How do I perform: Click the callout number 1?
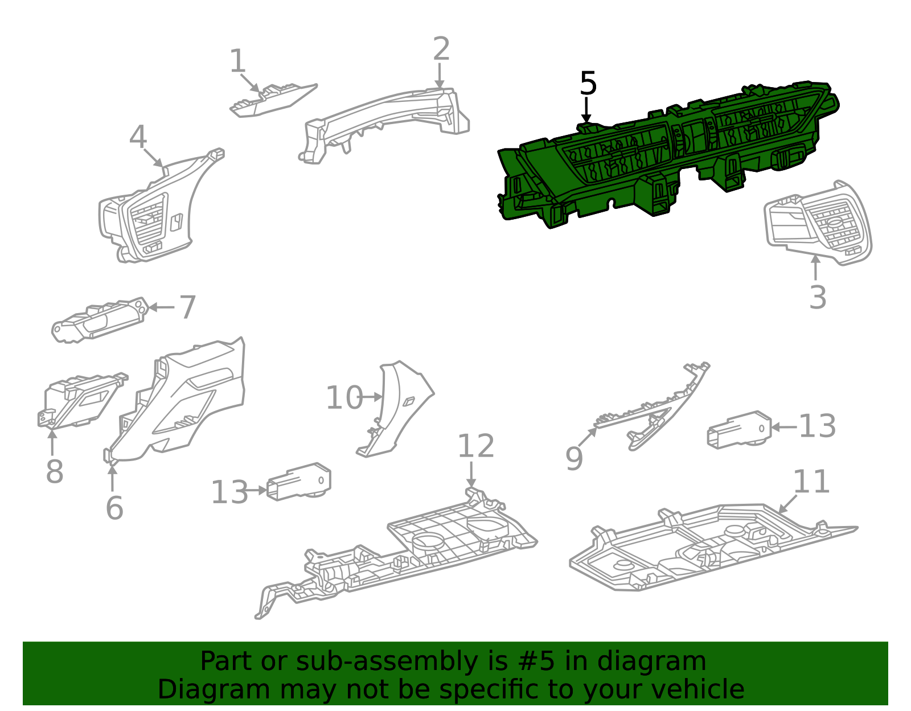click(237, 61)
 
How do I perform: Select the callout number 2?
click(441, 48)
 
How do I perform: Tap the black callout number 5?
click(588, 83)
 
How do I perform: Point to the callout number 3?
click(818, 298)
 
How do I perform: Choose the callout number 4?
click(138, 137)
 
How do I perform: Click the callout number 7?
click(187, 307)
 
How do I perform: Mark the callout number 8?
click(55, 471)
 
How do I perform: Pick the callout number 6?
click(114, 508)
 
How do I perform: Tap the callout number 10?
click(344, 397)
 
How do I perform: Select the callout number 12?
click(476, 446)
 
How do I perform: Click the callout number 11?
click(811, 482)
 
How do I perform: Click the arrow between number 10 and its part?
click(371, 397)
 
